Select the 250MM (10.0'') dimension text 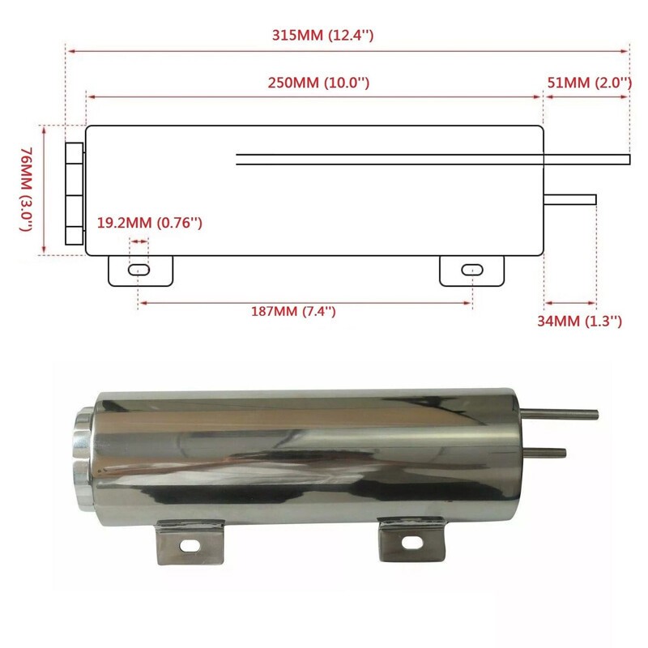tap(319, 83)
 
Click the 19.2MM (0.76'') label tap(149, 223)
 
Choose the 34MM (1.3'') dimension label tap(579, 321)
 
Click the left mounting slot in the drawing tap(139, 269)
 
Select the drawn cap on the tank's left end tap(74, 194)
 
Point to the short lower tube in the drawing tap(570, 199)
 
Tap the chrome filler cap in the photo tap(83, 450)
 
